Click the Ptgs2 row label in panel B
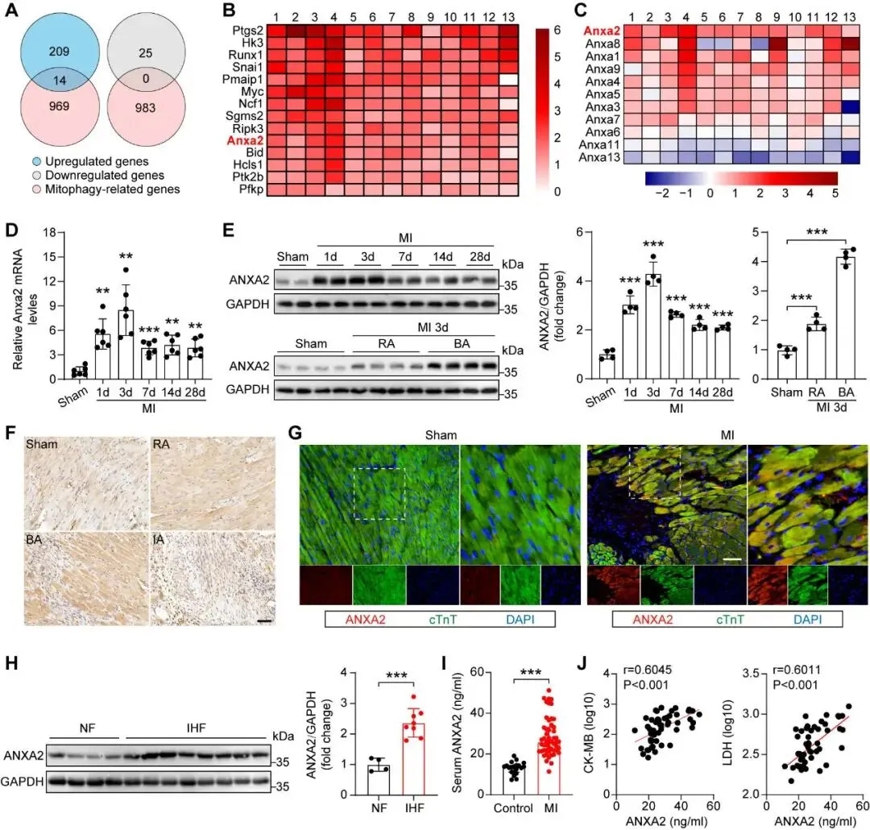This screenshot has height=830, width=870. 244,30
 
